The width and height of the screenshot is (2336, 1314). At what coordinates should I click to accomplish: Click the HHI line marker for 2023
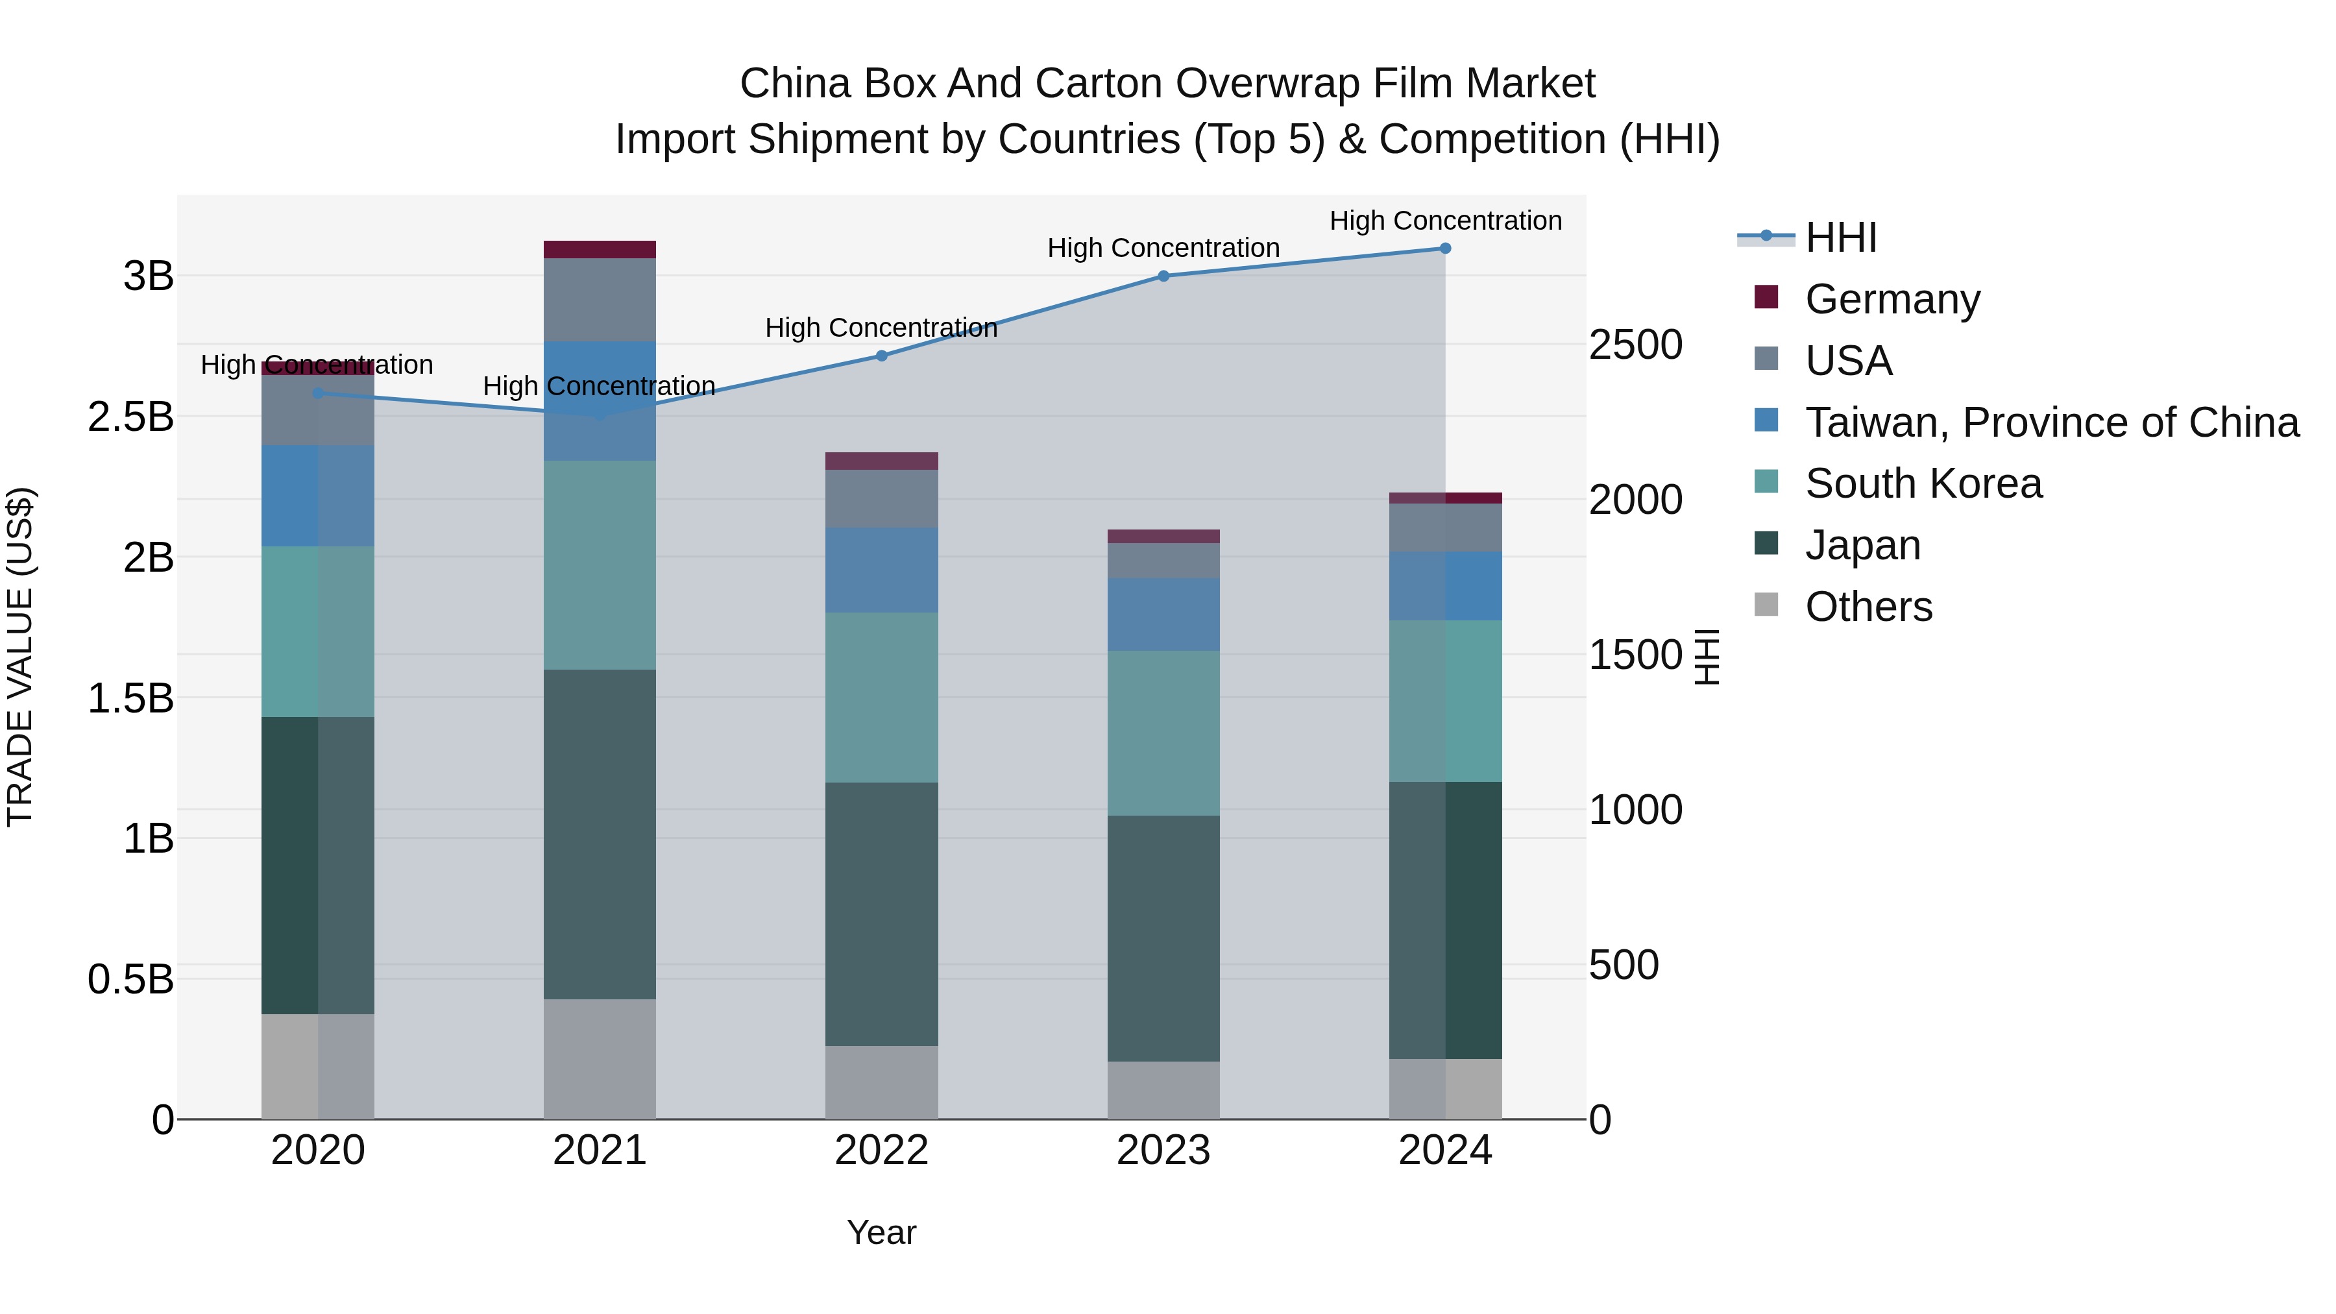pos(1163,276)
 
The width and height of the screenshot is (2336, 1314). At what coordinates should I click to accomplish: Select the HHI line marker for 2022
pos(881,356)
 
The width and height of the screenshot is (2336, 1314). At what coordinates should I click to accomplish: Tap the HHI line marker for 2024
pos(1446,249)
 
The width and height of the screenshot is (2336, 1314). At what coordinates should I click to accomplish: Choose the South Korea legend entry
pos(1923,483)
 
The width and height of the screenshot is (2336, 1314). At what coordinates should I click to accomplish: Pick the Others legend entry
pos(1868,607)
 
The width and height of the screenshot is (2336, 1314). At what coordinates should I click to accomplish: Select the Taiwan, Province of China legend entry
pos(2051,422)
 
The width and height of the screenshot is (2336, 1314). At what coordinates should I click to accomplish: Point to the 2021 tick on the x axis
pos(600,1150)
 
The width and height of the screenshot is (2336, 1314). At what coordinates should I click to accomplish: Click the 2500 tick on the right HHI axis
pos(1635,345)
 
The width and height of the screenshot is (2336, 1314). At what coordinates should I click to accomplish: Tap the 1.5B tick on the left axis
pos(130,698)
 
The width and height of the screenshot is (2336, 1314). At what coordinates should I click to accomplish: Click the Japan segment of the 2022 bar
pos(881,914)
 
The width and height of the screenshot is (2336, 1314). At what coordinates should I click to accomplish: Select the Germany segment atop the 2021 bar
pos(600,249)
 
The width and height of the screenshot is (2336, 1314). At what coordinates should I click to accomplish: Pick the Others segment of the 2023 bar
pos(1163,1090)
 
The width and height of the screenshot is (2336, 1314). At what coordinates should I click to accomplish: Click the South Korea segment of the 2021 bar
pos(600,565)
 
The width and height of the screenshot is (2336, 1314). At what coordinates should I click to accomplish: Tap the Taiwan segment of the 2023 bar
pos(1163,614)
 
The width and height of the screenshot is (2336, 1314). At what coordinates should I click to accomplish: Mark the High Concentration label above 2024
pos(1446,221)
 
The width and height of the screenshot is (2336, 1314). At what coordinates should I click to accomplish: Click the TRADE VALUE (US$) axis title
pos(20,657)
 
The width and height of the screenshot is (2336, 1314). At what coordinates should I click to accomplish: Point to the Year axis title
pos(881,1232)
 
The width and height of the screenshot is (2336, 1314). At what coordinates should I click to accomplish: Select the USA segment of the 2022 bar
pos(881,499)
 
